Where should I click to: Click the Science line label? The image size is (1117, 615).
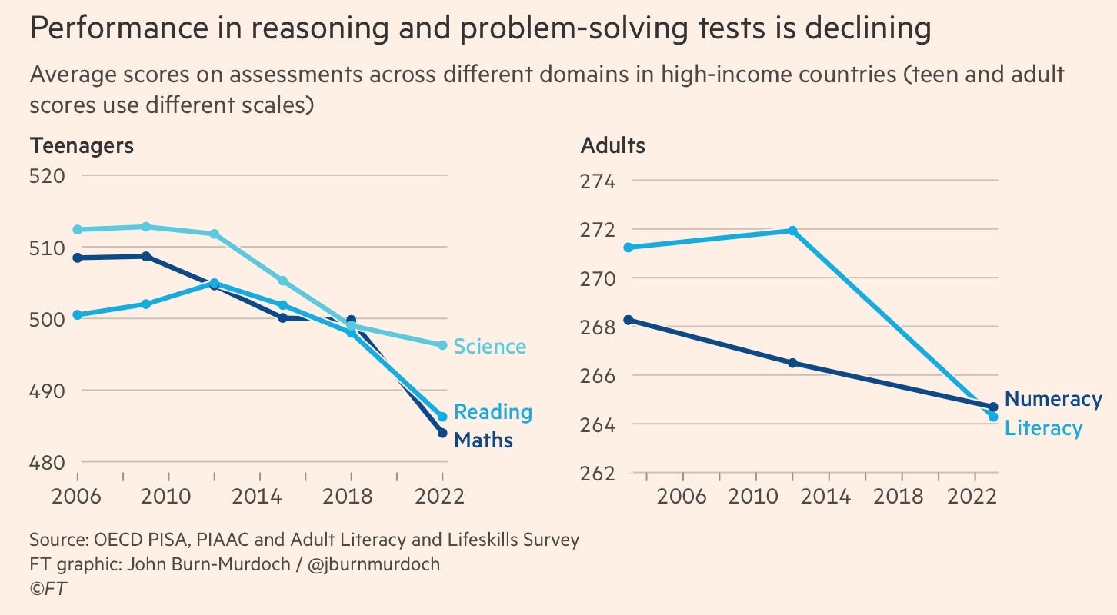490,347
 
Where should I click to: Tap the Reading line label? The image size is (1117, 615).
492,412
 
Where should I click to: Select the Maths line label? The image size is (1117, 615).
483,440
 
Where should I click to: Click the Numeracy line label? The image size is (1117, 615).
1053,399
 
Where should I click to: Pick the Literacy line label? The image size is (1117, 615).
1043,427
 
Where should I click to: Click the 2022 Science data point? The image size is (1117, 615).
442,345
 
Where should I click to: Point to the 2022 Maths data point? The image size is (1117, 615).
442,433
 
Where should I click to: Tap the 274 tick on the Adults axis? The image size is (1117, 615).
598,182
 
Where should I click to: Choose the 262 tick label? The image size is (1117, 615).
598,474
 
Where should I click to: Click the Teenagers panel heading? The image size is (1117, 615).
81,145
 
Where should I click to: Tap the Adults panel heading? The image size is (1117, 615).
613,145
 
